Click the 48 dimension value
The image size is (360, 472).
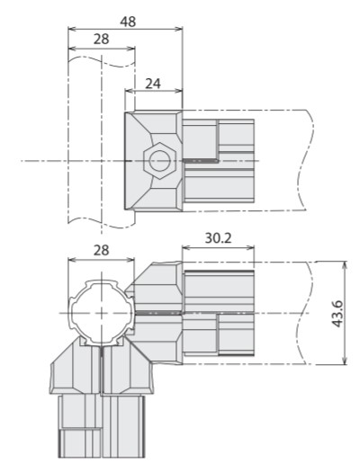point(128,22)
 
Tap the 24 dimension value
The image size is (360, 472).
point(153,84)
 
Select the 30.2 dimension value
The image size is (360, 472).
point(218,238)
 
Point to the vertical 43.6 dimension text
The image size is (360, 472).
point(337,314)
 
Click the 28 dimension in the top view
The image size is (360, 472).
point(101,40)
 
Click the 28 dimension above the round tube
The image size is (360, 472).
point(101,250)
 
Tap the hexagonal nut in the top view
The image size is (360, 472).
point(159,161)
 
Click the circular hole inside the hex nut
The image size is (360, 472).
point(159,161)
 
